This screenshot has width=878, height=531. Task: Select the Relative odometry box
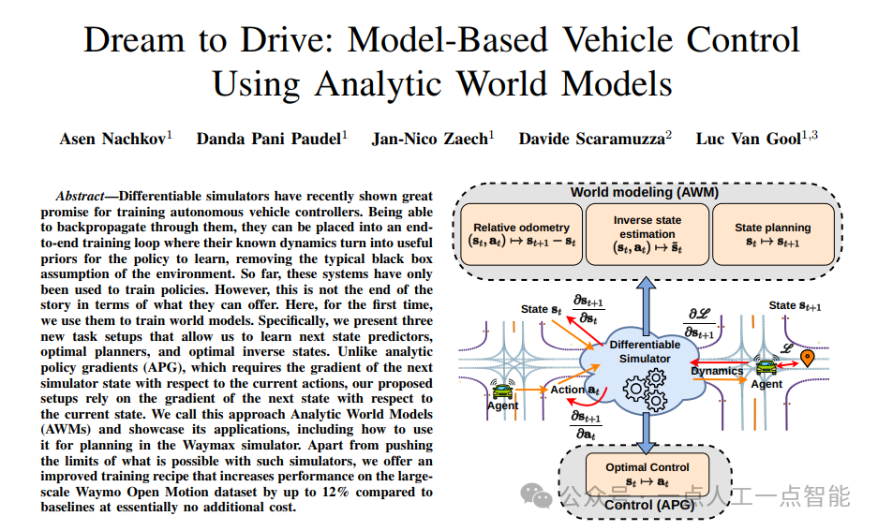[521, 234]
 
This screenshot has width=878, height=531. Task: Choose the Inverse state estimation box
[647, 234]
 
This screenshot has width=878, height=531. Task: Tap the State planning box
[772, 234]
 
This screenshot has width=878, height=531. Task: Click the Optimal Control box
[647, 473]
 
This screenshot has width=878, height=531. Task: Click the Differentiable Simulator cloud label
[645, 351]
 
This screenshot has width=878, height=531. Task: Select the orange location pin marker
[807, 357]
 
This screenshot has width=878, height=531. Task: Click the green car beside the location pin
[766, 368]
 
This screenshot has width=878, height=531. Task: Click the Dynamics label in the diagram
[717, 371]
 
